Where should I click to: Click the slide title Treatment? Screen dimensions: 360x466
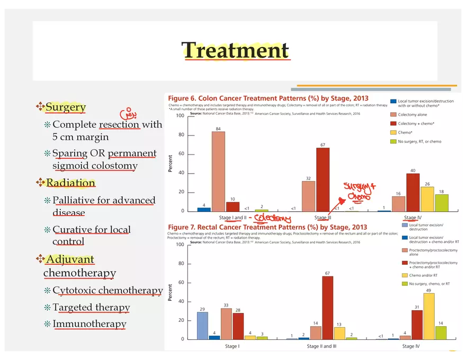click(x=235, y=51)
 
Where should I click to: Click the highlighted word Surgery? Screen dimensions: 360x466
click(x=66, y=107)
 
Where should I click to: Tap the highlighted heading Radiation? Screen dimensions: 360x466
click(x=70, y=183)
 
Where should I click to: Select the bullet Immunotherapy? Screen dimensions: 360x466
click(x=89, y=324)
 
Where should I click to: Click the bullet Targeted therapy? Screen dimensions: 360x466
click(x=91, y=308)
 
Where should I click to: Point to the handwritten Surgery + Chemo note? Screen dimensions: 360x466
click(x=359, y=192)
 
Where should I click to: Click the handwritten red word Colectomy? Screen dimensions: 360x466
click(x=272, y=219)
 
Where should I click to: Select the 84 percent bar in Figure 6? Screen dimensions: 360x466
click(x=218, y=172)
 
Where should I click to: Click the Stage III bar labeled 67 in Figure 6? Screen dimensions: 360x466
click(x=322, y=180)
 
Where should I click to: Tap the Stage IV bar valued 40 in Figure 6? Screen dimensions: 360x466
click(x=413, y=193)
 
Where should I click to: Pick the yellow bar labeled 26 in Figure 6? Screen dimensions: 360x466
click(x=427, y=199)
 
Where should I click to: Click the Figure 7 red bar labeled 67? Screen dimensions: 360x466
click(x=327, y=308)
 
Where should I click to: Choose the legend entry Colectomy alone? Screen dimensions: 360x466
click(x=413, y=114)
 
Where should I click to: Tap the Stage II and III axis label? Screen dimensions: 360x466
click(x=327, y=346)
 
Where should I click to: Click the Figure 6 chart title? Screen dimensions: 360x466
click(x=268, y=98)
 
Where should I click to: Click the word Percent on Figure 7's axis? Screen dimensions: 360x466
click(x=171, y=292)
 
